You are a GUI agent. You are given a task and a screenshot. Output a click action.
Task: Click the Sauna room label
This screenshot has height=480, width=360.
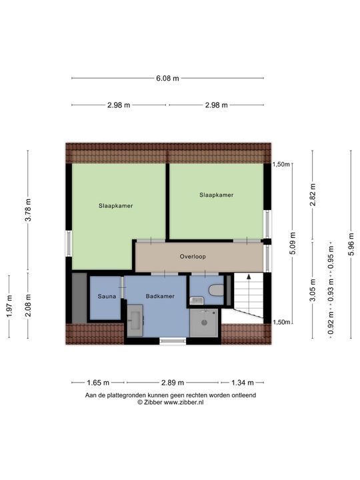coord(107,296)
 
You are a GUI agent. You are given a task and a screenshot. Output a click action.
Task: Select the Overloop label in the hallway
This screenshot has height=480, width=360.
coord(193,257)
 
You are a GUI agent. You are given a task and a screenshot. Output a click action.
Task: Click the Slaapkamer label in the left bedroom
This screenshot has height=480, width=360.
coord(115,206)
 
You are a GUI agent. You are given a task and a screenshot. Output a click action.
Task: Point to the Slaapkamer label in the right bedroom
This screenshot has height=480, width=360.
coord(217,195)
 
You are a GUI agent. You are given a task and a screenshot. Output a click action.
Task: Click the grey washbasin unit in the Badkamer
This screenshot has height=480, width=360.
coord(135,321)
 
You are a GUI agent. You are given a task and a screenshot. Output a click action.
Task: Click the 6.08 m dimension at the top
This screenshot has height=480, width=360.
coord(167,78)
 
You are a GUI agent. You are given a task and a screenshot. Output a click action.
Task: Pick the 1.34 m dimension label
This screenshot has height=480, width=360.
coord(243,383)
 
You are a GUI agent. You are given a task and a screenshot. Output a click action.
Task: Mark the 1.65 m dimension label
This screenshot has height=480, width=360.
coord(97,383)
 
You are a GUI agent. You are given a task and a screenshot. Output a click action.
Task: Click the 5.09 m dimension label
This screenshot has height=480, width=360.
coord(291,243)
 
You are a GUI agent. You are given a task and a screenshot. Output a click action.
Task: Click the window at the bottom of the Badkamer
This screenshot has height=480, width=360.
coord(173,341)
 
